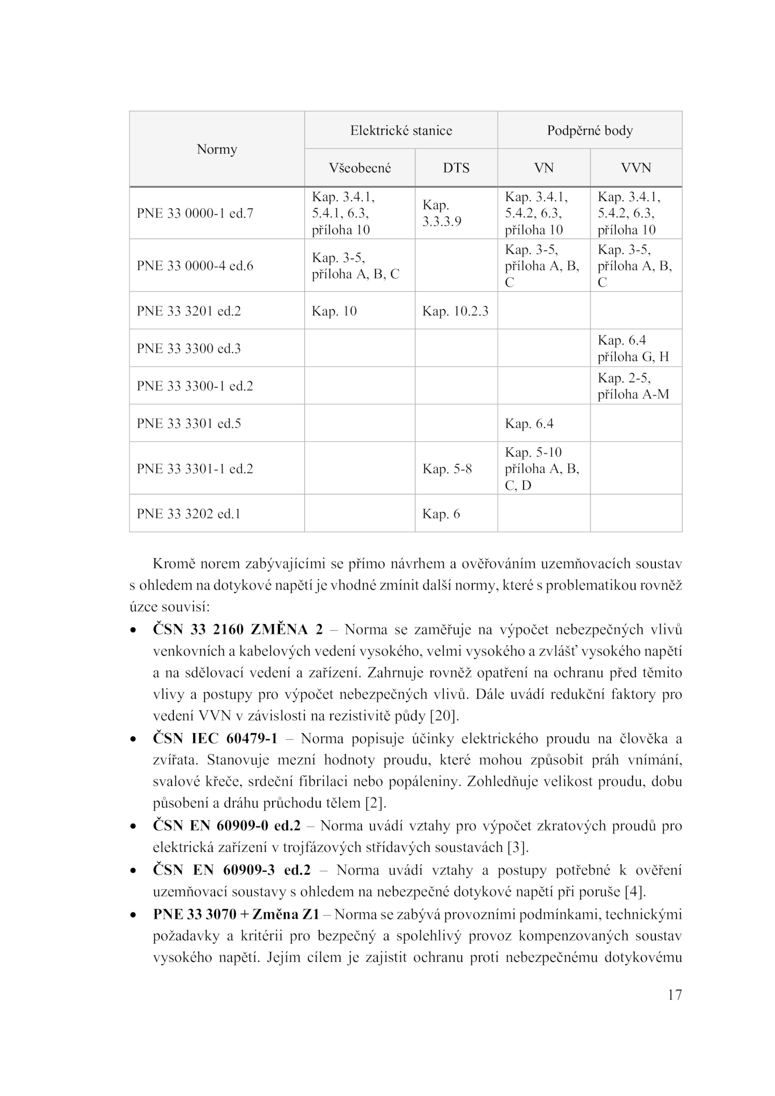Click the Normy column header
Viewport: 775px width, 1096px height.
217,149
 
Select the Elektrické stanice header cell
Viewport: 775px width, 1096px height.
401,130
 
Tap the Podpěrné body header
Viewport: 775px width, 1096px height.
589,130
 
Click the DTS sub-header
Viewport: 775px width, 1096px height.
456,168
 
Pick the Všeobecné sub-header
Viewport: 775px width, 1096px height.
360,168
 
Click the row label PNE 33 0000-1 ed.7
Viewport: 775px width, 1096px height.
195,213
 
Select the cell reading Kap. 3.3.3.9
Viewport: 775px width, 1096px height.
442,213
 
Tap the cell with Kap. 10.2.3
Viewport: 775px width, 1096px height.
455,311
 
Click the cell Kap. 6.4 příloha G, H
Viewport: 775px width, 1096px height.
633,348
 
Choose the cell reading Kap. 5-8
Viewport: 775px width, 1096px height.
447,469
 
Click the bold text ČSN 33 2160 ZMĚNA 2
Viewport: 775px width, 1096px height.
238,629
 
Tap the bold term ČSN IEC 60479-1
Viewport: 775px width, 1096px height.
215,738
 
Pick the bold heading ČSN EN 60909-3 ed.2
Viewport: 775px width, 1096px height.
232,870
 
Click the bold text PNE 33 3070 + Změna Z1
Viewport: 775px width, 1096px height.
236,914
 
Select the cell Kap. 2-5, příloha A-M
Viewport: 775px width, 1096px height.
633,386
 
